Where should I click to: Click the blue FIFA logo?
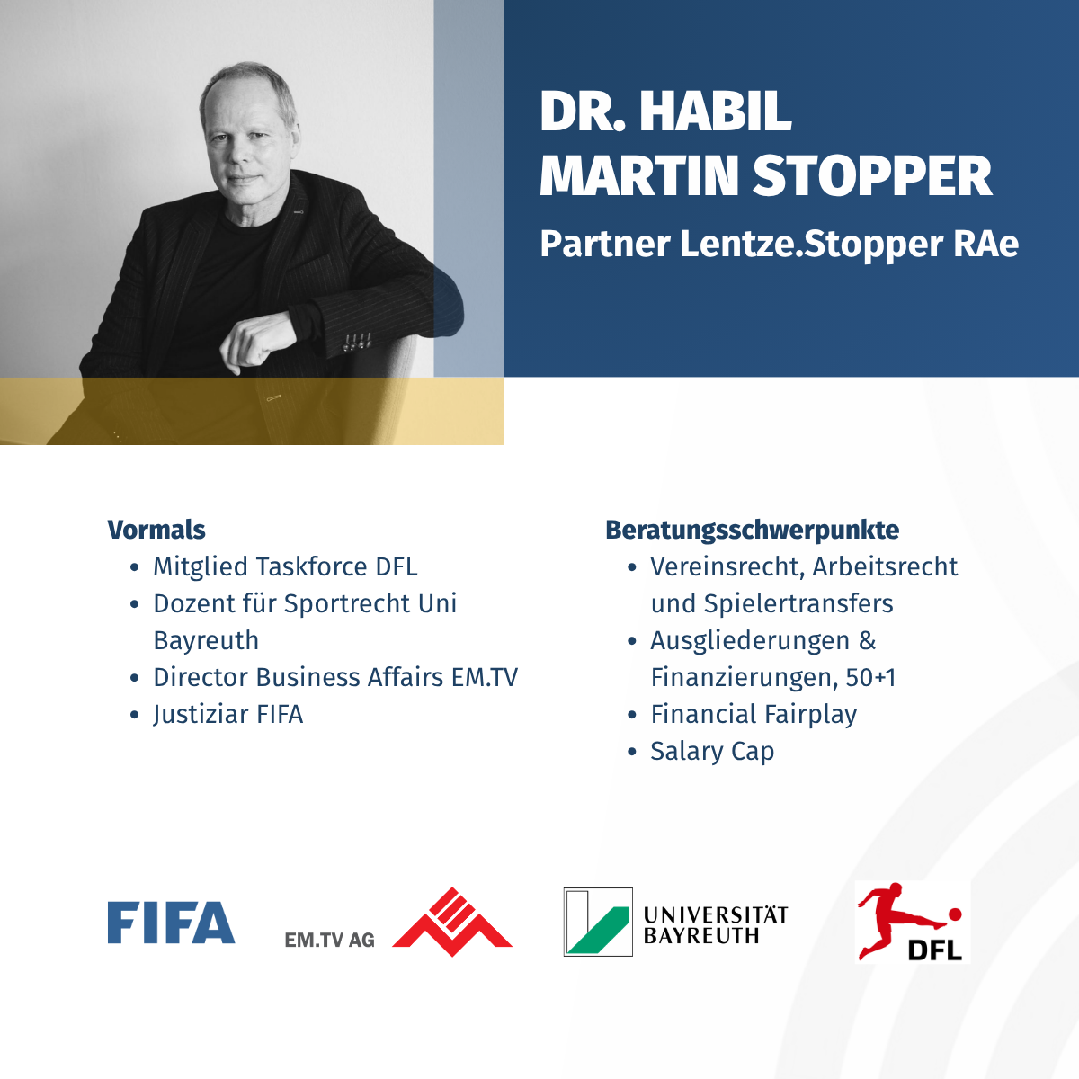tap(171, 923)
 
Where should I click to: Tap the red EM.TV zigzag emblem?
tap(452, 922)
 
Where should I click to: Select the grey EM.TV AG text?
tap(329, 941)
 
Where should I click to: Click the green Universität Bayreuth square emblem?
tap(598, 922)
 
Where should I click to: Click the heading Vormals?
tap(156, 530)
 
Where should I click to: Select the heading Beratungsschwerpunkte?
tap(752, 530)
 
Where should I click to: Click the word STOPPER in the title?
tap(872, 176)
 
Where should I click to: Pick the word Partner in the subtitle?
tap(605, 245)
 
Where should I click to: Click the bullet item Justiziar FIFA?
tap(227, 715)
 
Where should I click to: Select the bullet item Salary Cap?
tap(712, 752)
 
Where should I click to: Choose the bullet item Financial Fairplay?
tap(754, 715)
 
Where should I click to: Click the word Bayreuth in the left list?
tap(206, 640)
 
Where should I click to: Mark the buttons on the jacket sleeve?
tap(356, 342)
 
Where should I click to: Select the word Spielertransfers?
tap(798, 603)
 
